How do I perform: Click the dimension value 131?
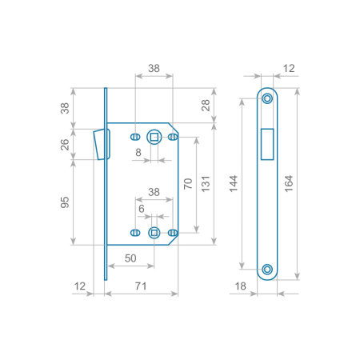(206, 184)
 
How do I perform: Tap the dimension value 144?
(234, 184)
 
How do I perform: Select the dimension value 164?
(289, 184)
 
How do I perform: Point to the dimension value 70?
(188, 184)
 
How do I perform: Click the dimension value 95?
(65, 202)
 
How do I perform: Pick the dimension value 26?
(65, 145)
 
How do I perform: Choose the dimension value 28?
(206, 106)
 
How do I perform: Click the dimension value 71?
(141, 286)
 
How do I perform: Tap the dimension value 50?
(130, 258)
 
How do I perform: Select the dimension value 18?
(240, 286)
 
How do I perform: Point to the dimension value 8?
(138, 153)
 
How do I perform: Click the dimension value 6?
(142, 209)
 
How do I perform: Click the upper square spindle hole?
(154, 137)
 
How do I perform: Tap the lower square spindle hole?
(154, 233)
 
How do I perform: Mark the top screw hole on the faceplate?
(267, 98)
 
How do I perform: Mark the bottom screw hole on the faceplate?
(267, 270)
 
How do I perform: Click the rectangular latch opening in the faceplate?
(267, 144)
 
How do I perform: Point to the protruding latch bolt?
(98, 145)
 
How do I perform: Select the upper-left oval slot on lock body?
(135, 137)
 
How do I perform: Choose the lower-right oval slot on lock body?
(173, 233)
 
